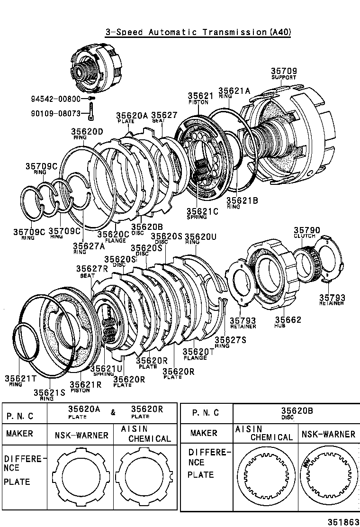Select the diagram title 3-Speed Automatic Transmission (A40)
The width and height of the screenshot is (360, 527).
point(198,32)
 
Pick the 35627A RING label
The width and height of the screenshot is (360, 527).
point(89,248)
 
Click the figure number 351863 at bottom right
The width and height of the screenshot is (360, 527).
point(344,521)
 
